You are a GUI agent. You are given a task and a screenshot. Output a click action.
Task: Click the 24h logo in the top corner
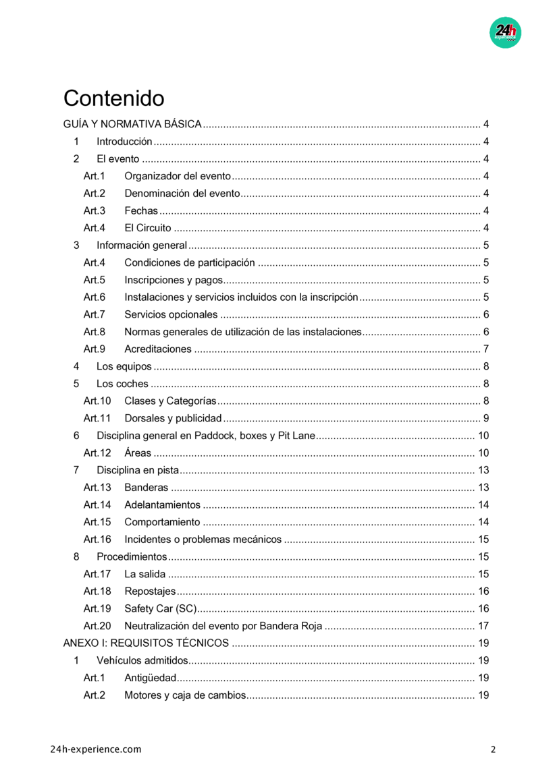[505, 32]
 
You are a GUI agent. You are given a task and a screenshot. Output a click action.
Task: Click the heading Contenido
[113, 98]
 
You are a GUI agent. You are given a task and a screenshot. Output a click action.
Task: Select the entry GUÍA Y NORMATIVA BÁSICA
[132, 124]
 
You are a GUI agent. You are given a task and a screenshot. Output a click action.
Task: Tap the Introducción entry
[124, 142]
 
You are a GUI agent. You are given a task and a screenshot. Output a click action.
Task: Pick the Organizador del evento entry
[178, 177]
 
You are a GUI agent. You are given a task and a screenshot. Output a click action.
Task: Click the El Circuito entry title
[148, 228]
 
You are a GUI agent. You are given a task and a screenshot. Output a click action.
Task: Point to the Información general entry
[142, 245]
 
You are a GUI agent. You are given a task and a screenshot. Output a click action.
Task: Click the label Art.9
[95, 349]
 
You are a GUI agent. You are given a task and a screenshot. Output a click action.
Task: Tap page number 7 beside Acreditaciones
[486, 349]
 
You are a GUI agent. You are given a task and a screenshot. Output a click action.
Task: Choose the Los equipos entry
[124, 367]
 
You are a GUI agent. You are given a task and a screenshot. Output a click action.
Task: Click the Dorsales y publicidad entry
[173, 418]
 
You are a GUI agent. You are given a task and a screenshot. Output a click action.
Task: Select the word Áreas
[138, 453]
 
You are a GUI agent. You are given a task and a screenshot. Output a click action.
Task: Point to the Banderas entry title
[146, 488]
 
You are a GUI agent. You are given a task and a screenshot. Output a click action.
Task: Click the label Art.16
[97, 539]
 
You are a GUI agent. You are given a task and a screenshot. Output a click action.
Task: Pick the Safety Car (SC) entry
[160, 608]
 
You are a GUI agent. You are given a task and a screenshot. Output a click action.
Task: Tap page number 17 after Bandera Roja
[483, 626]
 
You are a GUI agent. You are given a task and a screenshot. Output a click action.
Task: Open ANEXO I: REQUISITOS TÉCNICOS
[146, 643]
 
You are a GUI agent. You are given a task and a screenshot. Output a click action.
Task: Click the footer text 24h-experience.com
[96, 749]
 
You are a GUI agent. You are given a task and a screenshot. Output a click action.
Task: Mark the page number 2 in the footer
[493, 749]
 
